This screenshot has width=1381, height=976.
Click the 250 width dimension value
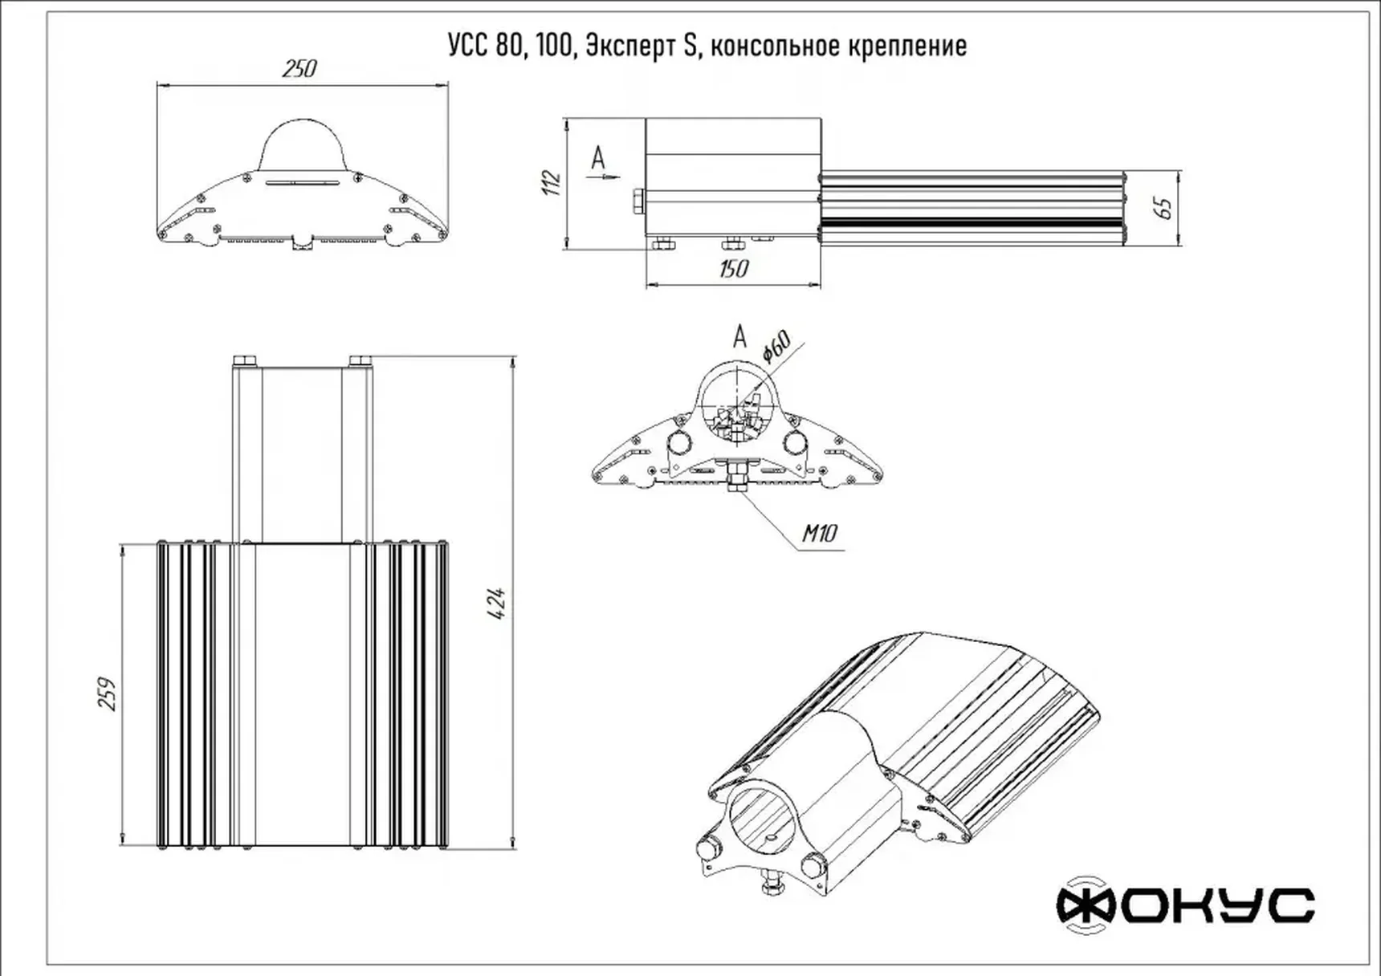point(299,69)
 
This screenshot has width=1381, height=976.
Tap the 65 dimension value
point(1163,207)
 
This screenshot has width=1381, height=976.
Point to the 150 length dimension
point(733,268)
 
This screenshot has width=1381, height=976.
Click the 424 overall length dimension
point(498,603)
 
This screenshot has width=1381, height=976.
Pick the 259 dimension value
point(108,694)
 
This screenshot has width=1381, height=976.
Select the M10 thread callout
point(820,533)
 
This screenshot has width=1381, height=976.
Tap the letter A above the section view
point(739,336)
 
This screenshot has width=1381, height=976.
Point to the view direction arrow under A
point(607,174)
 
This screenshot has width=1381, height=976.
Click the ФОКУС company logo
point(1185,905)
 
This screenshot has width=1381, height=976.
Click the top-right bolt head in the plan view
point(361,360)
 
